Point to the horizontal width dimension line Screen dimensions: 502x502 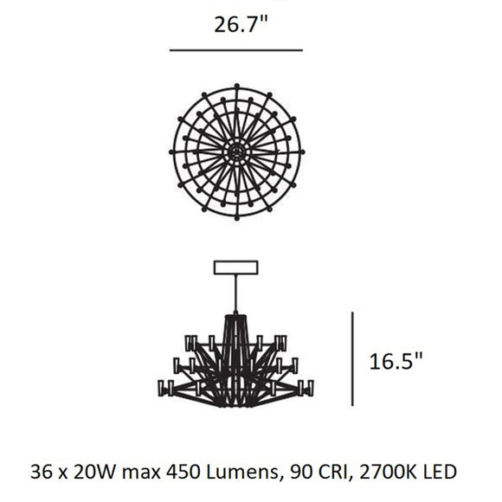(x=235, y=50)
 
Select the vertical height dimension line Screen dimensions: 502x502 (x=352, y=357)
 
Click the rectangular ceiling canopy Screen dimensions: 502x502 (x=236, y=267)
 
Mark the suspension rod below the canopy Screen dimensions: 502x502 (x=236, y=294)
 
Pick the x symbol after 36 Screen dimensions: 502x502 (x=63, y=473)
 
